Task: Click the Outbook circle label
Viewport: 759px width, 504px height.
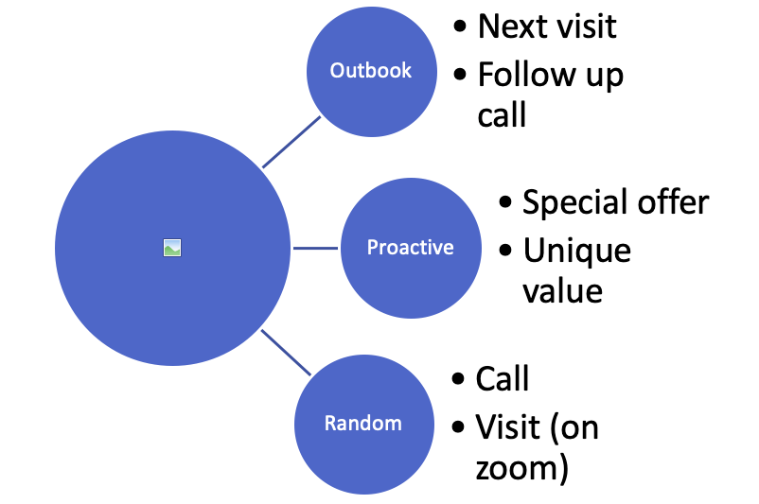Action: [370, 71]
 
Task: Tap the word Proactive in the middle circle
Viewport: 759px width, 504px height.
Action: [411, 247]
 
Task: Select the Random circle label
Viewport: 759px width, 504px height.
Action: [363, 424]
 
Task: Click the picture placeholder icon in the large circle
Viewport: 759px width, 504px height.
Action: [172, 248]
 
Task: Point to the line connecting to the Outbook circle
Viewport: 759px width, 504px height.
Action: [291, 142]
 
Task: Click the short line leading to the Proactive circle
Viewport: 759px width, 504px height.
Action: [315, 248]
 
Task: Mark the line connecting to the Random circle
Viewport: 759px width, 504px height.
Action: [286, 353]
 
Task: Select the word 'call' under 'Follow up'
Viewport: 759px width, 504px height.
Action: [502, 115]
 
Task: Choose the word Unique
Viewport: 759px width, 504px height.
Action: [577, 252]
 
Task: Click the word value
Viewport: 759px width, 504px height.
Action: [562, 291]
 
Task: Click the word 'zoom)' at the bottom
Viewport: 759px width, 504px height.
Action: [521, 468]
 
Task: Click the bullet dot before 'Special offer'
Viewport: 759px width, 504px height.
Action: [504, 201]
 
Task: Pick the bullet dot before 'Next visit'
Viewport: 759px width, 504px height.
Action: [460, 26]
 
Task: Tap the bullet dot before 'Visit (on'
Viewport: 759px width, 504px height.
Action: [458, 427]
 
